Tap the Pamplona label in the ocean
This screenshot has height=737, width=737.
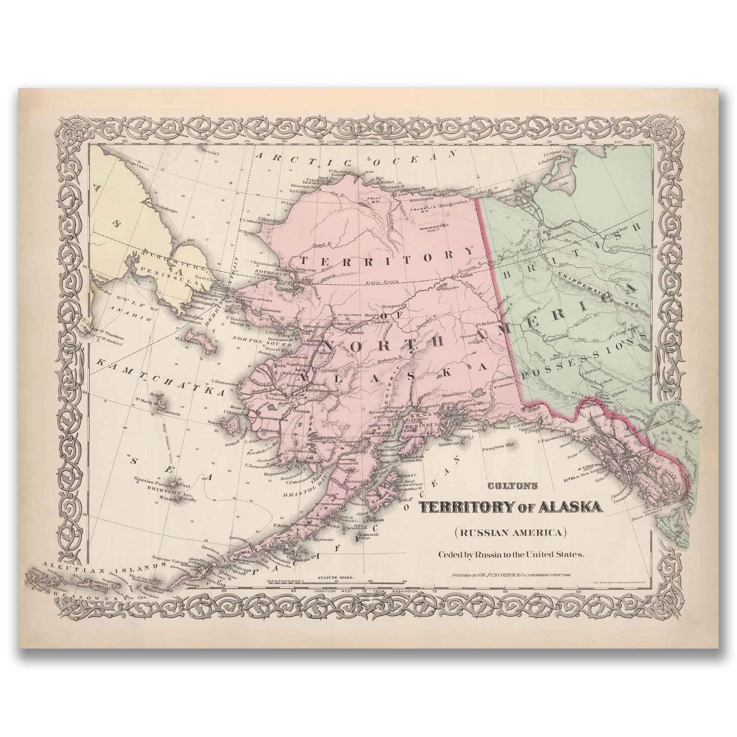(x=494, y=445)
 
